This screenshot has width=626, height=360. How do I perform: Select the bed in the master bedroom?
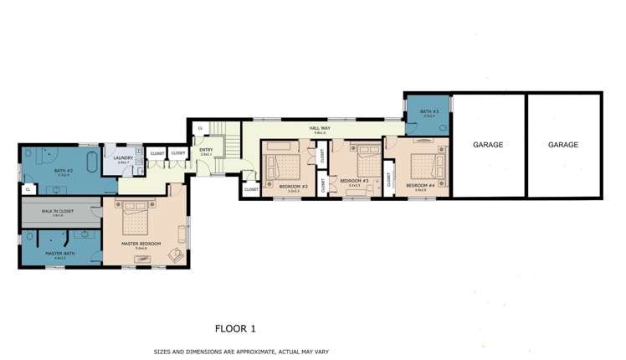tap(136, 219)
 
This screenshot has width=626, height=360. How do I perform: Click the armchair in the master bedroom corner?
tap(175, 255)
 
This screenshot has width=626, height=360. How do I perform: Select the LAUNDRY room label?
tap(124, 157)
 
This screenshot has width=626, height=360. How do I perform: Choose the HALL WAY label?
tap(319, 128)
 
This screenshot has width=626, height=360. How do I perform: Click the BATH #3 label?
tap(428, 111)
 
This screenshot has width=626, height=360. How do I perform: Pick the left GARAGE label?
tap(488, 145)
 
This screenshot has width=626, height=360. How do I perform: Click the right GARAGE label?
tap(562, 145)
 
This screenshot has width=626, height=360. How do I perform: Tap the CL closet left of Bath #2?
tap(28, 189)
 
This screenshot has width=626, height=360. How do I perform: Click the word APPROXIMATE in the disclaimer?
tap(258, 352)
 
